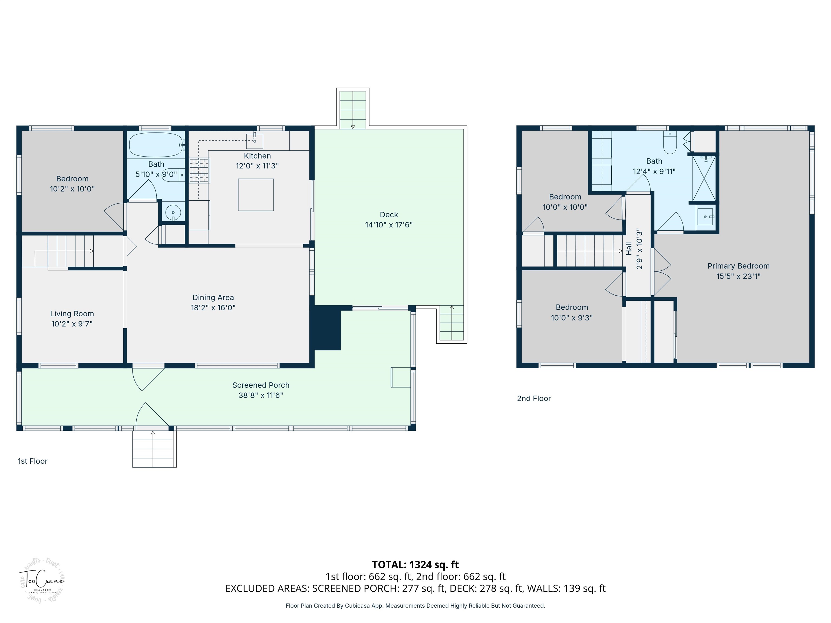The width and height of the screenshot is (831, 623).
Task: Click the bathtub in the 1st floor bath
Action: pyautogui.click(x=156, y=145)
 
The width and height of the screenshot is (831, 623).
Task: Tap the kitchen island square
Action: pyautogui.click(x=256, y=194)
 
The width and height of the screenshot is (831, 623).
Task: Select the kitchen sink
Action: pyautogui.click(x=254, y=141)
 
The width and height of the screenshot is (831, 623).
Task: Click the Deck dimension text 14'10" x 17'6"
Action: pyautogui.click(x=389, y=224)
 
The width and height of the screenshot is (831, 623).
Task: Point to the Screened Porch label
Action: pyautogui.click(x=261, y=385)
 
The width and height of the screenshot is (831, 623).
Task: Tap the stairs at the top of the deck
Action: pyautogui.click(x=352, y=109)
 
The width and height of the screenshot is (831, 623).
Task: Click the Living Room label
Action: pyautogui.click(x=72, y=314)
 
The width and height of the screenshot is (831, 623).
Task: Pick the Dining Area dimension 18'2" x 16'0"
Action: pyautogui.click(x=213, y=307)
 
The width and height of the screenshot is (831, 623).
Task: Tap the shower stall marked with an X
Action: pyautogui.click(x=704, y=179)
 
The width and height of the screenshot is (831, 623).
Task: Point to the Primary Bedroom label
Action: pyautogui.click(x=738, y=266)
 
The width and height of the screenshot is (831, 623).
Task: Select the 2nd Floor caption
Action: pyautogui.click(x=534, y=399)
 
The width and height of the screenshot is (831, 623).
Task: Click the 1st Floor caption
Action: pyautogui.click(x=33, y=461)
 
